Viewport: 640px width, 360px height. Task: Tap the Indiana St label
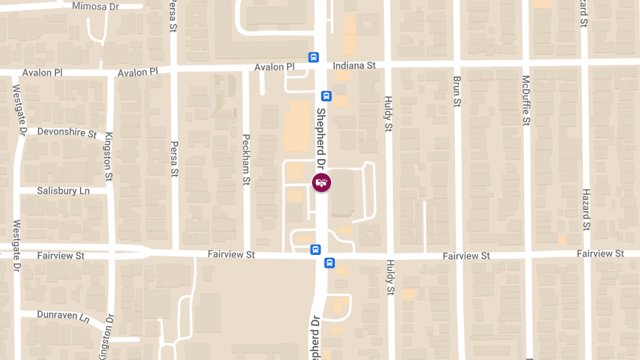(x=354, y=66)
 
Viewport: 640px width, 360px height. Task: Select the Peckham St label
(x=246, y=159)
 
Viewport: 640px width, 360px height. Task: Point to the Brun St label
(x=457, y=91)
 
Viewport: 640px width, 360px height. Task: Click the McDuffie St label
(x=526, y=100)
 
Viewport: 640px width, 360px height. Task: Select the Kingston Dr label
(x=107, y=336)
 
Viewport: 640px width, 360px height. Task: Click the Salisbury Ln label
(x=63, y=190)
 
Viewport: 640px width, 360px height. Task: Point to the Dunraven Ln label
(x=63, y=316)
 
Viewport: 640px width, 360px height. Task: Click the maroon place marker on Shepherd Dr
(x=321, y=183)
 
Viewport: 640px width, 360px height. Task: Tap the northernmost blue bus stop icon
(x=314, y=57)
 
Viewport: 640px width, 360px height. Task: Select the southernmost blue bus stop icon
(x=330, y=262)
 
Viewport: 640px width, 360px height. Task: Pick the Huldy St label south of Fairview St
(x=390, y=277)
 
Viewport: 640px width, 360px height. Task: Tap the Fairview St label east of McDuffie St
(x=600, y=253)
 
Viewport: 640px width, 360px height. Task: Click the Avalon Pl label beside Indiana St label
(x=274, y=67)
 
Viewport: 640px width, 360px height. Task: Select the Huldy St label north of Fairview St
(x=388, y=114)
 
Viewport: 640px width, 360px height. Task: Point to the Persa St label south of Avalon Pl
(x=174, y=158)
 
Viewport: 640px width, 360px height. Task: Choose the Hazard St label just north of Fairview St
(x=586, y=209)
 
